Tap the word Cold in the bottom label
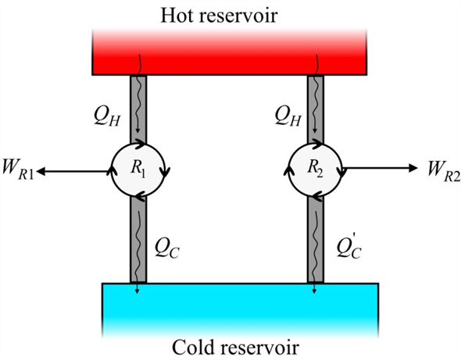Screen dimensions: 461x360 coord(191,347)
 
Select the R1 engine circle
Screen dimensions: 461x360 coord(138,170)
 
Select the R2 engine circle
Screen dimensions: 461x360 coord(315,170)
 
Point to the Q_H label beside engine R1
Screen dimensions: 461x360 coord(107,117)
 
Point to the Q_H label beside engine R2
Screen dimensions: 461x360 coord(288,117)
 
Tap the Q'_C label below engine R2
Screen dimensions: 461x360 coord(349,248)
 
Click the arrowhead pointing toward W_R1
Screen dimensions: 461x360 coord(41,171)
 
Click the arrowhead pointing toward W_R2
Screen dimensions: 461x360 coord(413,168)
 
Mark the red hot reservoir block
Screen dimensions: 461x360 coord(229,52)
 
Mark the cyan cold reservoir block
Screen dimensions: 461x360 coord(240,310)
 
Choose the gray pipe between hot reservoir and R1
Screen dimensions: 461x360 coord(138,109)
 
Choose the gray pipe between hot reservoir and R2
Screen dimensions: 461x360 coord(316,109)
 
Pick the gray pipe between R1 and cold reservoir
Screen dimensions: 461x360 coord(138,240)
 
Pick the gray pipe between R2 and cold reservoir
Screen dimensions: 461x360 coord(316,240)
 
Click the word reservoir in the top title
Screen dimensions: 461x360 coord(239,16)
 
